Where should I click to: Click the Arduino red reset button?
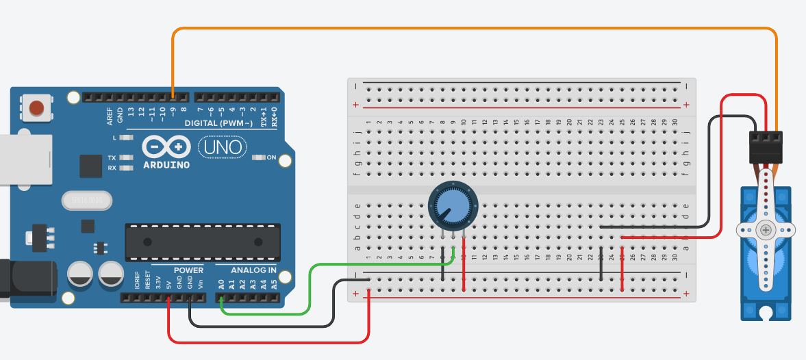tap(36, 107)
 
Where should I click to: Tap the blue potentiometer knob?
tap(451, 206)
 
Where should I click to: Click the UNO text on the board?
tap(221, 146)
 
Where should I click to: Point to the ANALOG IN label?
tap(253, 270)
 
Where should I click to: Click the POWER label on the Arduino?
tap(188, 270)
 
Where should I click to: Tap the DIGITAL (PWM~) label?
tap(218, 123)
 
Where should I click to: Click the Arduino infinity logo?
tap(166, 146)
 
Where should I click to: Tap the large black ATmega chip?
tap(202, 242)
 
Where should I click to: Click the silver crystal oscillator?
tap(86, 201)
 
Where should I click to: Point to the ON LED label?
tap(271, 158)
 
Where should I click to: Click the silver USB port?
tap(25, 159)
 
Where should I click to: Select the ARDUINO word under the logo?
tap(166, 165)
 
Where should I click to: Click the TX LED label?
tap(112, 157)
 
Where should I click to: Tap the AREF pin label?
tap(110, 116)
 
